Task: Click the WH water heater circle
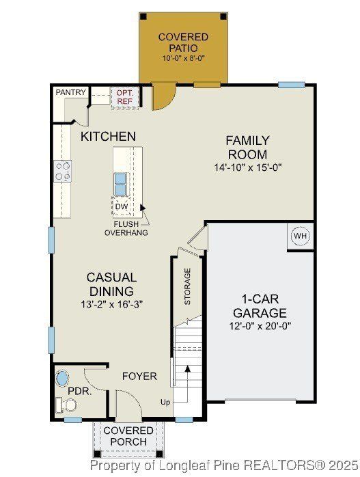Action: tap(300, 236)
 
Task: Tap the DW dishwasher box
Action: tap(121, 206)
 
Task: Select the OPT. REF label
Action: tap(124, 97)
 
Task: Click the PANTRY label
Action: tap(70, 92)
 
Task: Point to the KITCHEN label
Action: tap(108, 137)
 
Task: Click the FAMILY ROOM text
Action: tap(247, 148)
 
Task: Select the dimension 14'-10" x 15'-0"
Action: tap(247, 167)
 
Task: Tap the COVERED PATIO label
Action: tap(183, 42)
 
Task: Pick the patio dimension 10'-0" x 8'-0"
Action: tap(183, 59)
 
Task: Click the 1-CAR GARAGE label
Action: tap(264, 306)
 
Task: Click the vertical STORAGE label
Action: tap(187, 286)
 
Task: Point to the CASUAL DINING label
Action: tap(111, 284)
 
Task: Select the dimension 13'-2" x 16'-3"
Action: tap(111, 303)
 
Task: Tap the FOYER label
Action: tap(139, 377)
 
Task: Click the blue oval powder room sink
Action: tap(62, 378)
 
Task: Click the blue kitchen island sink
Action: tap(120, 183)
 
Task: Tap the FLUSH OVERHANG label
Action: tap(126, 228)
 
